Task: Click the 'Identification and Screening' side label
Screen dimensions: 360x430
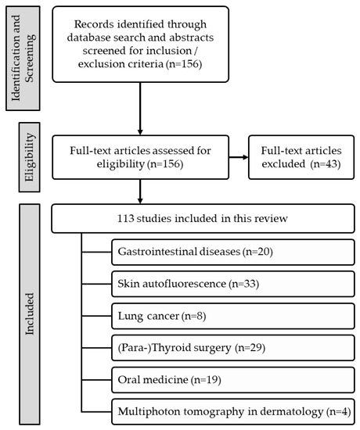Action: pyautogui.click(x=23, y=59)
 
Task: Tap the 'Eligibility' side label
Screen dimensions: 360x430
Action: pyautogui.click(x=30, y=157)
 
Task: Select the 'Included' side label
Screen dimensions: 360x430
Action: pyautogui.click(x=30, y=314)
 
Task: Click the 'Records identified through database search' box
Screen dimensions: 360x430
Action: pyautogui.click(x=140, y=44)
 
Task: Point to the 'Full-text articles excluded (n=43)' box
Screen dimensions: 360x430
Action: pyautogui.click(x=301, y=157)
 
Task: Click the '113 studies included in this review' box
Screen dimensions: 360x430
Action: pyautogui.click(x=203, y=219)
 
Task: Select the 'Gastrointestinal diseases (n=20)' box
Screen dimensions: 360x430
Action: pyautogui.click(x=233, y=252)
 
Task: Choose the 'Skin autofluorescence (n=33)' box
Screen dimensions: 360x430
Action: pyautogui.click(x=233, y=284)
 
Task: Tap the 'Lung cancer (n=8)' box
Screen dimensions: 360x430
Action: pyautogui.click(x=233, y=316)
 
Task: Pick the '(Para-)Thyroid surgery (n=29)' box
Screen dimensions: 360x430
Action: pyautogui.click(x=233, y=348)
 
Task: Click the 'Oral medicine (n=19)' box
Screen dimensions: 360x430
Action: pyautogui.click(x=233, y=380)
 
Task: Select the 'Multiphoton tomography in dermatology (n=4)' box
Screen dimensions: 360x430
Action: pyautogui.click(x=233, y=411)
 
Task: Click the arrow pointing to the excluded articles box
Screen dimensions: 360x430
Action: pyautogui.click(x=239, y=157)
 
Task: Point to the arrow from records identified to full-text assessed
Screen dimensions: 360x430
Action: pyautogui.click(x=140, y=109)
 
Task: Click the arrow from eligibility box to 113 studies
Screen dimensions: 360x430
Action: pyautogui.click(x=140, y=192)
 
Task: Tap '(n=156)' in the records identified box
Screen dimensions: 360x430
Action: pyautogui.click(x=184, y=64)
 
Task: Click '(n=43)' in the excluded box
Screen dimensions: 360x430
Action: pyautogui.click(x=326, y=164)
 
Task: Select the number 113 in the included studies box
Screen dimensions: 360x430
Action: pyautogui.click(x=125, y=219)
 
